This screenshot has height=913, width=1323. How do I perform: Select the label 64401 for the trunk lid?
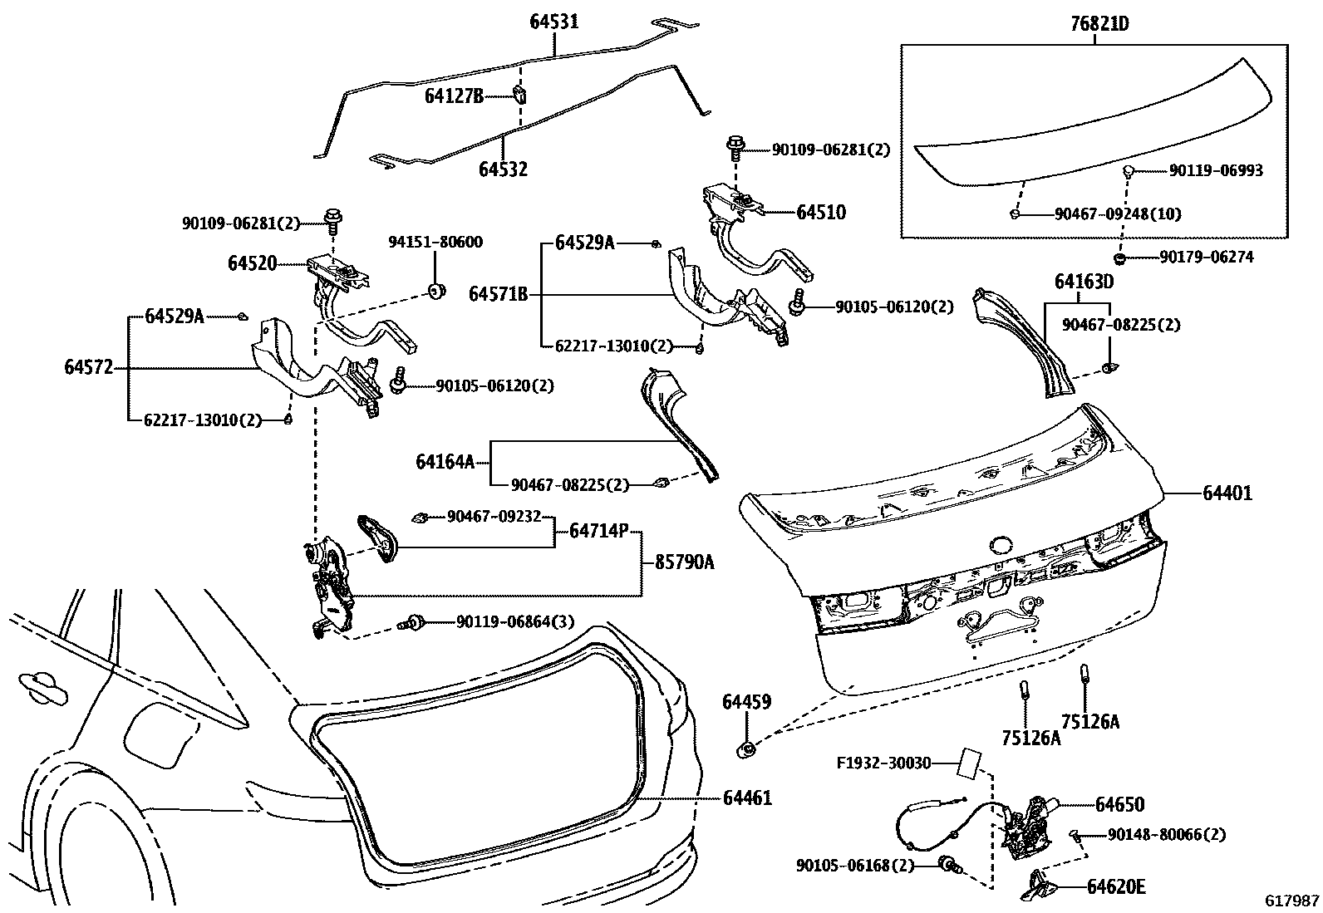pos(1227,493)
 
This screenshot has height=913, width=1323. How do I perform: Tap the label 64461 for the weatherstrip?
pos(746,798)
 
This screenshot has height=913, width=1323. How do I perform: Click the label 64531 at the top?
pos(554,22)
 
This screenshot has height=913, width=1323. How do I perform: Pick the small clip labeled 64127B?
pos(519,94)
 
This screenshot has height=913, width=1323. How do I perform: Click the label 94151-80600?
pos(435,242)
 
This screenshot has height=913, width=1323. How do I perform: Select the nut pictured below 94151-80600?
pos(435,291)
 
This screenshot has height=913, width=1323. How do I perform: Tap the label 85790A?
pos(684,562)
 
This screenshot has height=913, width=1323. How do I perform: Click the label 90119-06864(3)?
pos(514,621)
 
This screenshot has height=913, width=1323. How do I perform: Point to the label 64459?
pos(746,702)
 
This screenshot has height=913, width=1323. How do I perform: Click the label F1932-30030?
pos(883,762)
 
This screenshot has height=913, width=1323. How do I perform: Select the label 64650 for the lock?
pos(1119,804)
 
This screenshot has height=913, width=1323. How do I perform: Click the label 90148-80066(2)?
pos(1166,835)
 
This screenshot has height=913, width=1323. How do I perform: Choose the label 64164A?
pos(445,461)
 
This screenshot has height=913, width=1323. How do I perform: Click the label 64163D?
pos(1084,282)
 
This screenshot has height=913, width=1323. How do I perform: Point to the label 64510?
pos(820,212)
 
